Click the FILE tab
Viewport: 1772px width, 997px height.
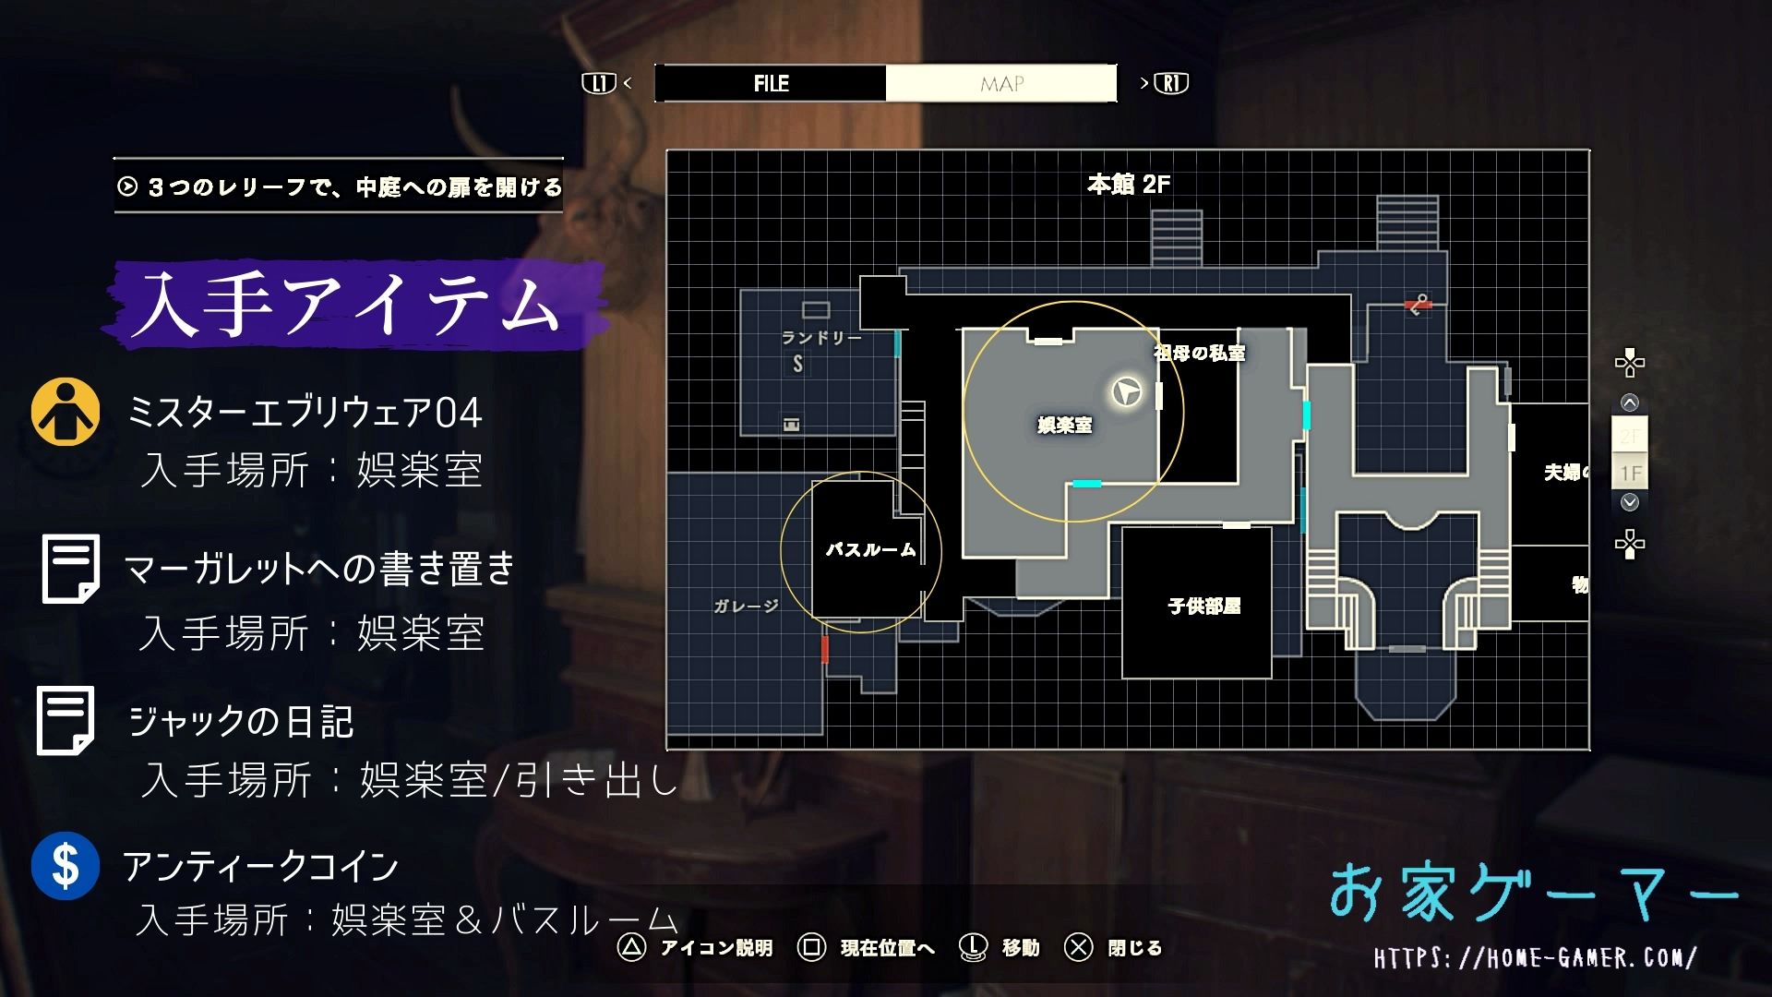tap(771, 83)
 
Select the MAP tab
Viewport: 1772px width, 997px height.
tap(1001, 84)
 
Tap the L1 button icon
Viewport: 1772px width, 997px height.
tap(598, 83)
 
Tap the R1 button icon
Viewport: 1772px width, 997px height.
tap(1171, 83)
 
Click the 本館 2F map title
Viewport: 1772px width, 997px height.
tap(1129, 185)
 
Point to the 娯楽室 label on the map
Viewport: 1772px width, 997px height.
tap(1064, 425)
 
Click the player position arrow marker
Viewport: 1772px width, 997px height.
tap(1125, 392)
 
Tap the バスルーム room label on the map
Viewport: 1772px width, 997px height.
tap(870, 550)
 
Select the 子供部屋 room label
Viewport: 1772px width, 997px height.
tap(1203, 607)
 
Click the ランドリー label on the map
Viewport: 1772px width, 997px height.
tap(821, 338)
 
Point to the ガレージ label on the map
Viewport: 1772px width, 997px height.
tap(746, 606)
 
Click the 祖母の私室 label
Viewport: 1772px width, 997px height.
tap(1199, 353)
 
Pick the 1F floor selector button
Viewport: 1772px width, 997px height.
tap(1630, 474)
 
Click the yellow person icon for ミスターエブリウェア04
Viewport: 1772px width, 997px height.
tap(66, 412)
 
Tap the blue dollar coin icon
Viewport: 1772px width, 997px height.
tap(66, 866)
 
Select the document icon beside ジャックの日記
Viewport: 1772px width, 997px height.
tap(66, 721)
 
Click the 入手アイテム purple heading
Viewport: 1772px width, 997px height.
tap(351, 305)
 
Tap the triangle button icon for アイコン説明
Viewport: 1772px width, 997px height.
tap(631, 947)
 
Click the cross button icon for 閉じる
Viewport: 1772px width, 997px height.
tap(1078, 947)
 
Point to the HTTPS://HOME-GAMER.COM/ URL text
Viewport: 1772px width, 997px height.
tap(1534, 958)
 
